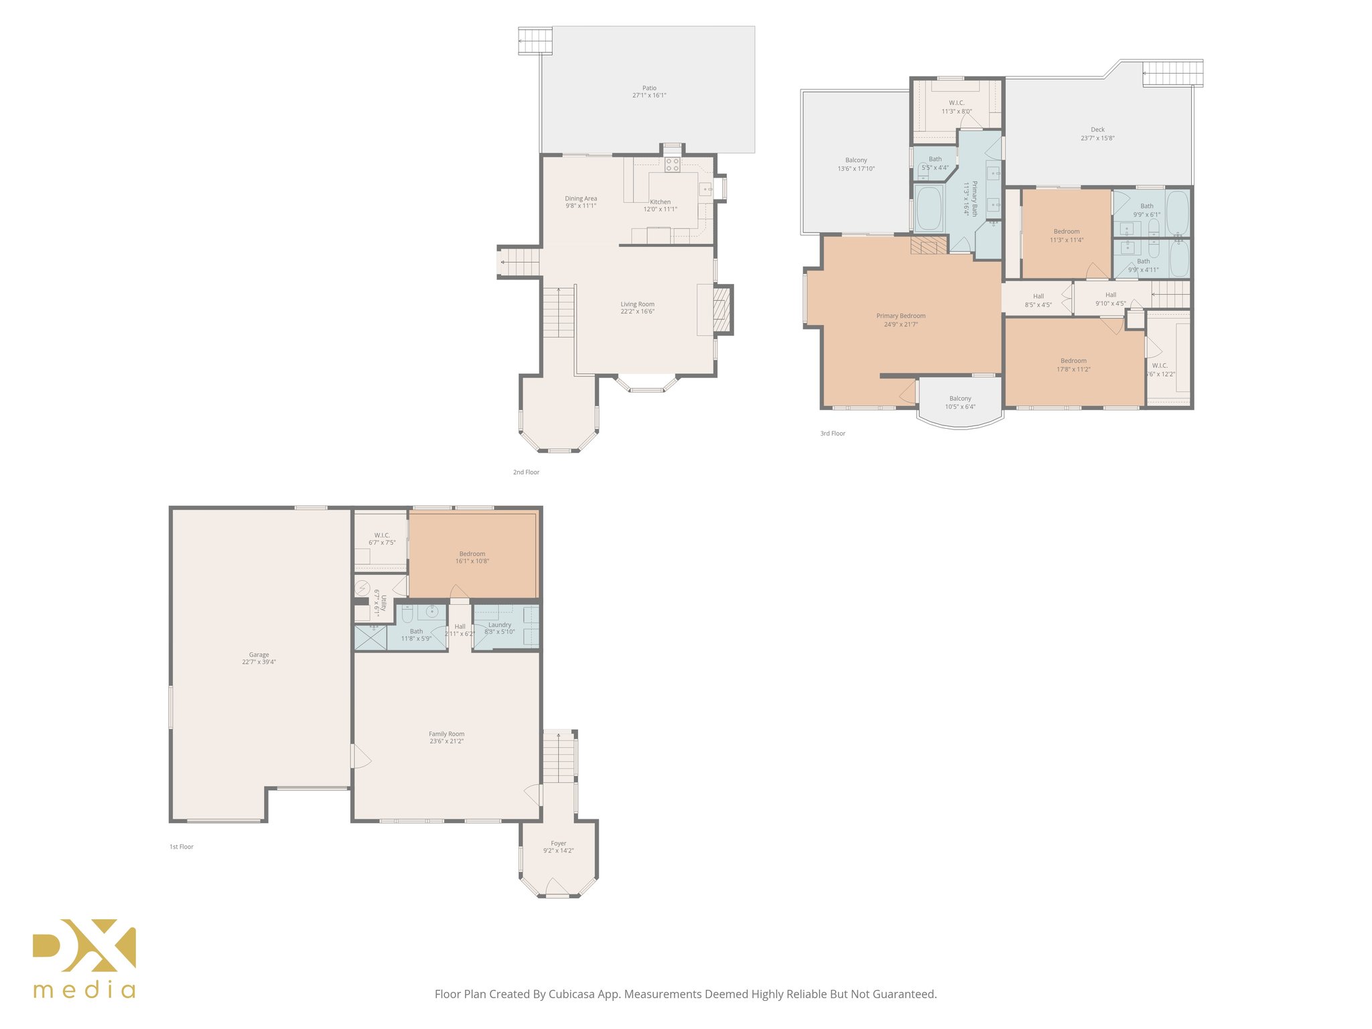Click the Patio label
pos(649,88)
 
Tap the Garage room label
pos(259,655)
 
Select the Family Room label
pos(447,734)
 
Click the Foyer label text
pos(559,844)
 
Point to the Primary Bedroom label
pos(901,316)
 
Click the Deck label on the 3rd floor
pos(1097,130)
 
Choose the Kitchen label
pos(660,202)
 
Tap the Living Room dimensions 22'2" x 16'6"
pos(637,312)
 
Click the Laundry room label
pos(500,625)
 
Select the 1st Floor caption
pos(182,847)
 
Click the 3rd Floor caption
pos(833,433)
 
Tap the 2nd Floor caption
pos(526,472)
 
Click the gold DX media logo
pos(84,958)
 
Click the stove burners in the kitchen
pos(673,165)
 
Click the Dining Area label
pos(581,199)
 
